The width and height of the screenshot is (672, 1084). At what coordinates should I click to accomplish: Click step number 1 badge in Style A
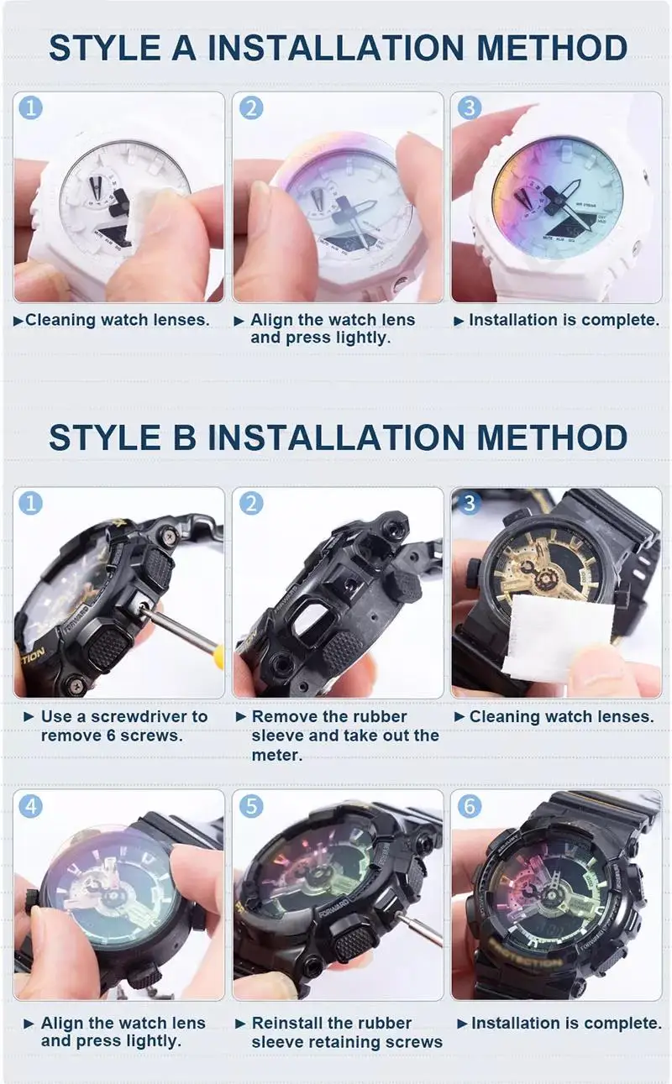pyautogui.click(x=31, y=107)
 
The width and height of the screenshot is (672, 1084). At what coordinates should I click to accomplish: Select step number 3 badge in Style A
pyautogui.click(x=470, y=107)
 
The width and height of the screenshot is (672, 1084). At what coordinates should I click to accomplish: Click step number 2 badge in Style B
pyautogui.click(x=250, y=504)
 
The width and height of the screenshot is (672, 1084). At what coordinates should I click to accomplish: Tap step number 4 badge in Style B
pyautogui.click(x=31, y=806)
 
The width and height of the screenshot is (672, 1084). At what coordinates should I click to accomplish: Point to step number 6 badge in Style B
pyautogui.click(x=470, y=806)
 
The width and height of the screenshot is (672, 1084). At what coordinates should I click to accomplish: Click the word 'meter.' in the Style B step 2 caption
pyautogui.click(x=276, y=755)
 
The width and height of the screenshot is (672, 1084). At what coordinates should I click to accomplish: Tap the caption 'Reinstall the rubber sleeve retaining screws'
pyautogui.click(x=346, y=1032)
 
